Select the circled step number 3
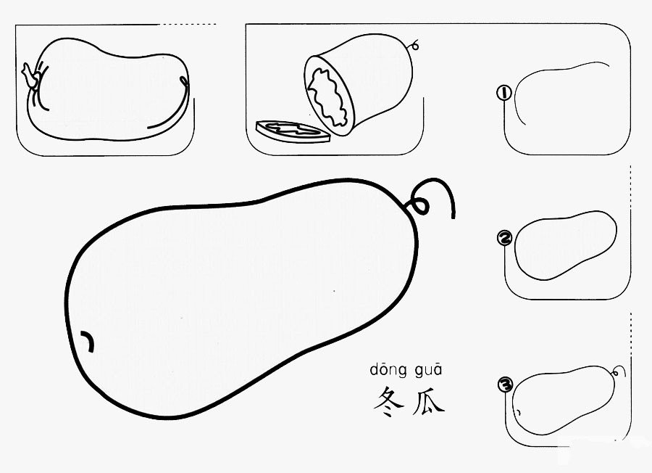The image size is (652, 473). [505, 384]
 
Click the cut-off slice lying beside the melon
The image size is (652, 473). [292, 132]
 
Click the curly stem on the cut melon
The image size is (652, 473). [415, 44]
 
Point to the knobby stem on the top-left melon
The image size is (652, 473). [30, 76]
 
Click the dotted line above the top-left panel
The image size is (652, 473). [188, 25]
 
